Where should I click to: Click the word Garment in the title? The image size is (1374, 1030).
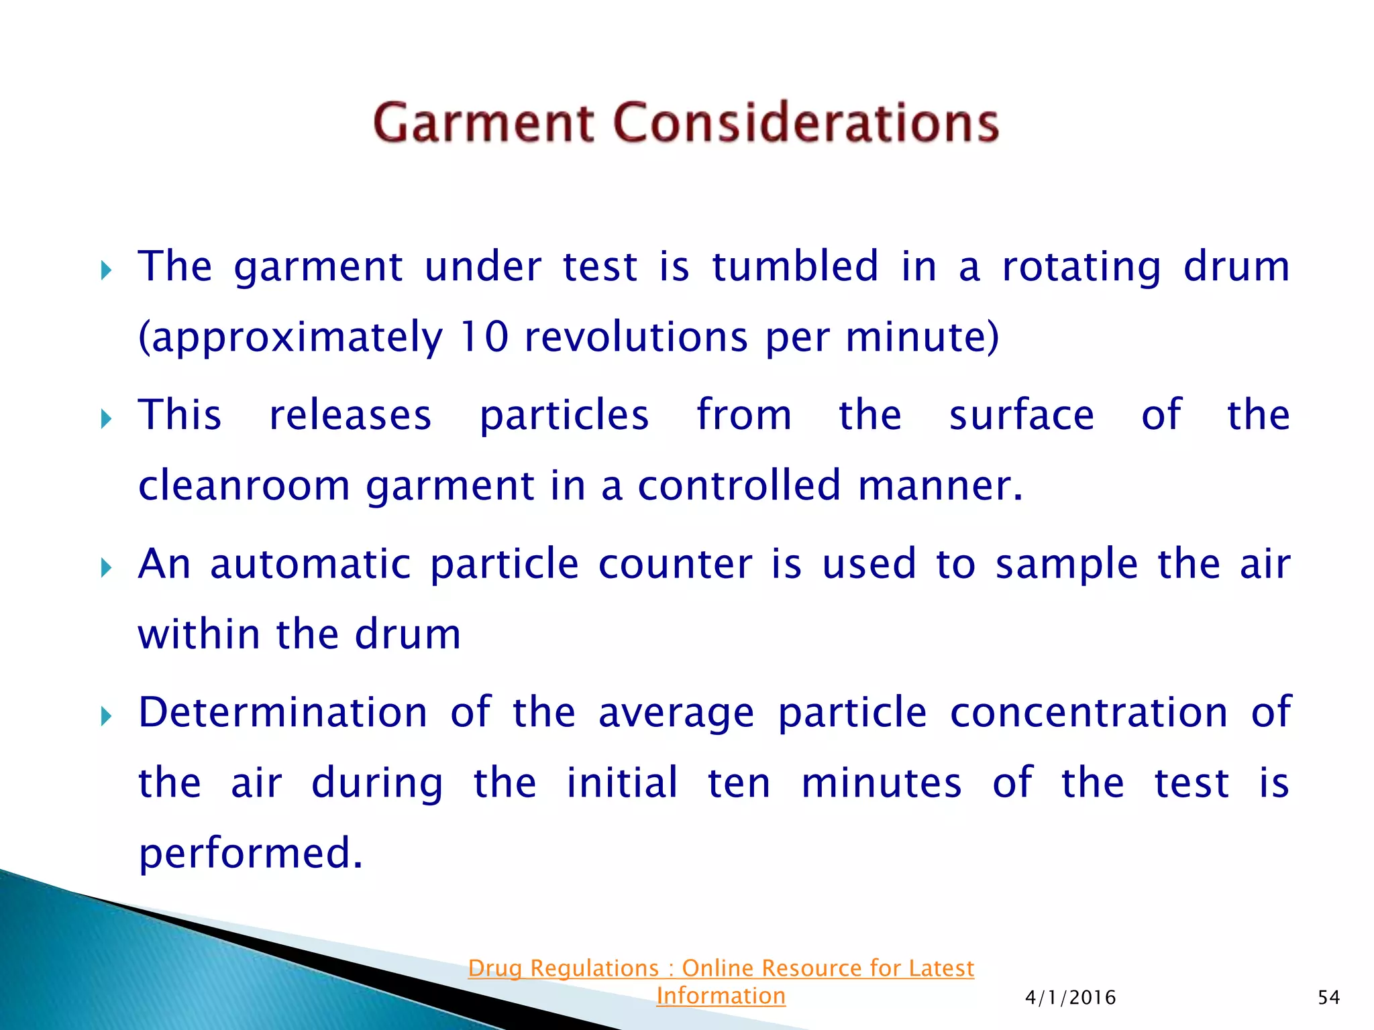483,123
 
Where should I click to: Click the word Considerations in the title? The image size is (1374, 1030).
806,123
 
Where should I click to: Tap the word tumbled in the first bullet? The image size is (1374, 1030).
794,266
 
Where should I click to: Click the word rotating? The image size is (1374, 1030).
1081,266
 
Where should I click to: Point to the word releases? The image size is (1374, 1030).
350,414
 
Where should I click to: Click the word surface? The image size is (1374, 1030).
1021,414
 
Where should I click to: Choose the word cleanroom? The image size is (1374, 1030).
244,485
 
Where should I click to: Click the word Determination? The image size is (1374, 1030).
282,712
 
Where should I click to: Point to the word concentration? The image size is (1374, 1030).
1088,712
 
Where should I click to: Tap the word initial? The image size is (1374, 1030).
621,783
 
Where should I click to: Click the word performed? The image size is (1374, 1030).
250,853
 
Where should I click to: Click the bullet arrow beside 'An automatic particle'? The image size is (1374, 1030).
106,569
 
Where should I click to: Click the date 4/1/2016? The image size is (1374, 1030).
1070,998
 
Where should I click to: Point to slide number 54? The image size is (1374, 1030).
1328,998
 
